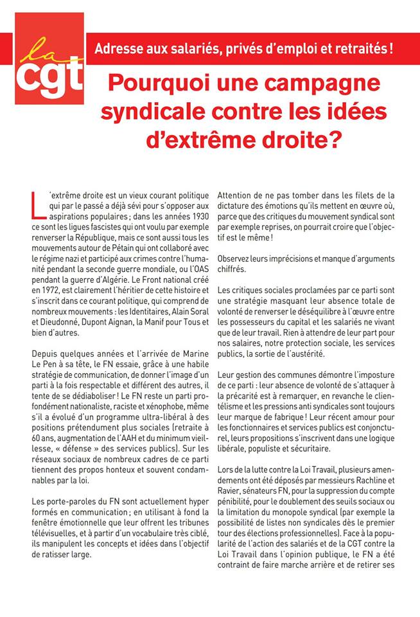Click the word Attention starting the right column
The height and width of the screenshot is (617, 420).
coord(239,194)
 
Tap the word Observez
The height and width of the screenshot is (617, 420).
coord(238,258)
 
